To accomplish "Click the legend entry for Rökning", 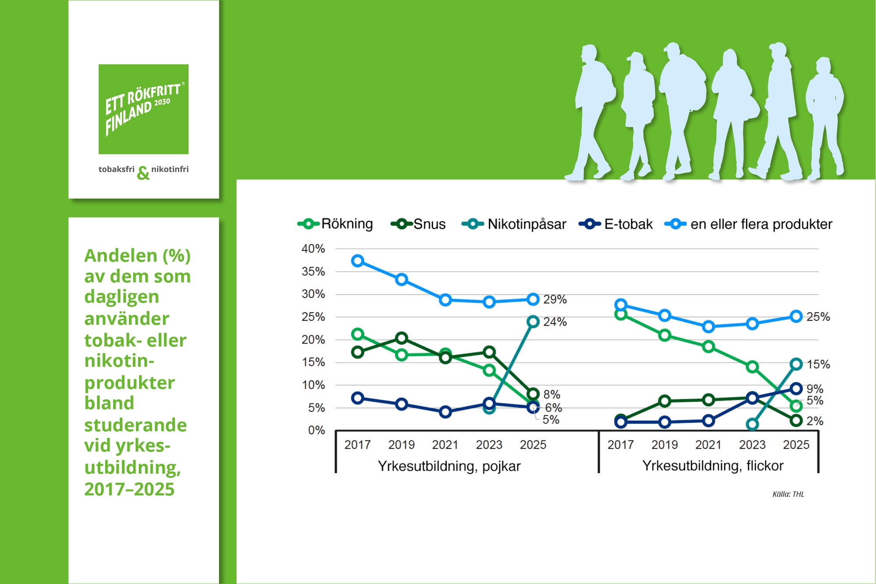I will pyautogui.click(x=336, y=224).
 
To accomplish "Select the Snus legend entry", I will pyautogui.click(x=418, y=224).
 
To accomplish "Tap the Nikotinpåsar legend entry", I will pyautogui.click(x=514, y=224).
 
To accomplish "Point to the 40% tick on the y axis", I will pyautogui.click(x=313, y=249).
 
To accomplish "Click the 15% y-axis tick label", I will pyautogui.click(x=313, y=362).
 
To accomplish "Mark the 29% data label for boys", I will pyautogui.click(x=555, y=299).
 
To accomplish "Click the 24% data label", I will pyautogui.click(x=555, y=322).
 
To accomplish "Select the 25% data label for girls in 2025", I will pyautogui.click(x=818, y=317).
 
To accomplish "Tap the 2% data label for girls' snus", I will pyautogui.click(x=815, y=421).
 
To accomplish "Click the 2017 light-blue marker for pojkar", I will pyautogui.click(x=357, y=261).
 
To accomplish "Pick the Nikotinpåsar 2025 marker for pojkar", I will pyautogui.click(x=533, y=322).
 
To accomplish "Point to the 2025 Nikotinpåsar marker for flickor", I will pyautogui.click(x=796, y=364).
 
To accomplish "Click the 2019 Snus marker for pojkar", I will pyautogui.click(x=402, y=338).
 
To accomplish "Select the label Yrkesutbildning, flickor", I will pyautogui.click(x=713, y=465).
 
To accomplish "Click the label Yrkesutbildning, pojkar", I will pyautogui.click(x=449, y=466).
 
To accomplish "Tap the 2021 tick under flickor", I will pyautogui.click(x=708, y=445).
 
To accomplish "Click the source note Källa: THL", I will pyautogui.click(x=788, y=494).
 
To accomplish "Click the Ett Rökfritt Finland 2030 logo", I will pyautogui.click(x=143, y=109).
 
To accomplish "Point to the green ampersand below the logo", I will pyautogui.click(x=143, y=173).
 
